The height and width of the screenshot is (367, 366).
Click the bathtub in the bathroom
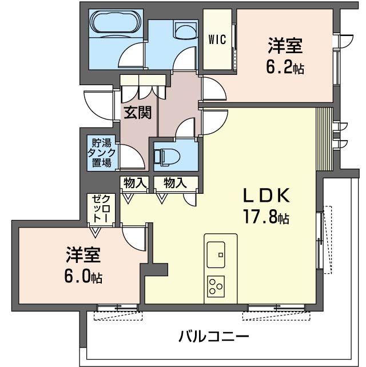pyautogui.click(x=115, y=23)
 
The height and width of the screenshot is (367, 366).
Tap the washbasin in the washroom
pyautogui.click(x=185, y=29)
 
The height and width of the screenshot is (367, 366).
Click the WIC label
pyautogui.click(x=217, y=40)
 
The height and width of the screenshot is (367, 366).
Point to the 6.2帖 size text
pyautogui.click(x=284, y=68)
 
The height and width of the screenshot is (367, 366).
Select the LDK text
pyautogui.click(x=268, y=196)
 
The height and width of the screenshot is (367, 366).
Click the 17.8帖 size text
pyautogui.click(x=268, y=218)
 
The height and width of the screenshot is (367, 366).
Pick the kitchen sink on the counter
pyautogui.click(x=217, y=252)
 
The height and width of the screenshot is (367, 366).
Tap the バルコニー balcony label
pyautogui.click(x=213, y=336)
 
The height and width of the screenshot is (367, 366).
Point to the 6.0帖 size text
pyautogui.click(x=83, y=277)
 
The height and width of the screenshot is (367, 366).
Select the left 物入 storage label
pyautogui.click(x=135, y=183)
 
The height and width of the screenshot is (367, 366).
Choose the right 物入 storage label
pyautogui.click(x=174, y=183)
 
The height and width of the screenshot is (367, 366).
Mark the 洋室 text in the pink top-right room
pyautogui.click(x=285, y=46)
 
